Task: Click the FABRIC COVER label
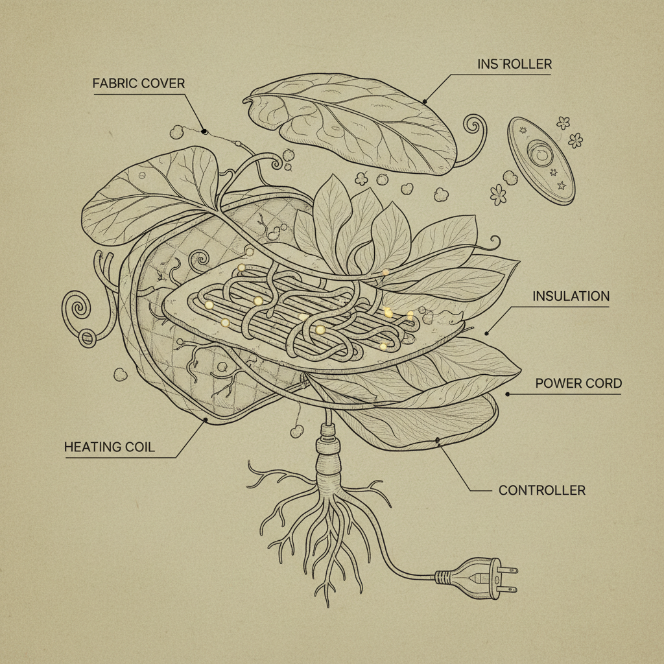pos(139,83)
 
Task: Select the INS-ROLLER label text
pos(514,64)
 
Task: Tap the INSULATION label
pos(571,296)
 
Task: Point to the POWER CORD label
pos(578,383)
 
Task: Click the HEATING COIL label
pos(109,447)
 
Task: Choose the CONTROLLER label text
pos(542,490)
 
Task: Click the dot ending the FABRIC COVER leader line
pos(204,132)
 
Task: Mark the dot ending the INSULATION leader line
pos(486,333)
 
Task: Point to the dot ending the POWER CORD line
pos(507,394)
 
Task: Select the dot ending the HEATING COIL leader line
pos(206,420)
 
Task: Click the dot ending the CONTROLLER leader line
pos(438,441)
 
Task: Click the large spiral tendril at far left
pos(77,307)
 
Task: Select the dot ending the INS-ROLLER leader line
pos(424,101)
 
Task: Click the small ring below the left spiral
pos(88,338)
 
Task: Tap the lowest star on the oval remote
pos(562,185)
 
